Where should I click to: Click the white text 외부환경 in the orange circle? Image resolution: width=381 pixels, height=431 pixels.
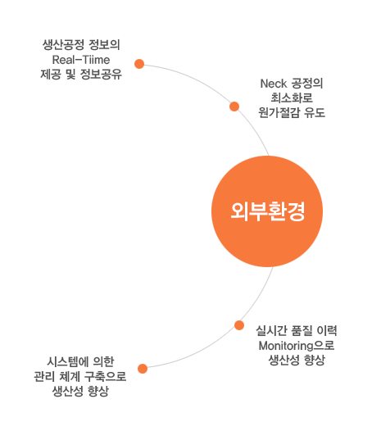tap(268, 211)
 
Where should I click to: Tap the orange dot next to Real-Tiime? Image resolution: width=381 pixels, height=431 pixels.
tap(139, 64)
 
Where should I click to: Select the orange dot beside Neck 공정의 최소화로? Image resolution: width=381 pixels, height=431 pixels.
tap(234, 107)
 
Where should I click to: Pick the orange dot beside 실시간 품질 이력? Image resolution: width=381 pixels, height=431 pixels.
tap(239, 325)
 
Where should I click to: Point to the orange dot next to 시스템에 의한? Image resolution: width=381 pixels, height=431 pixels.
tap(143, 369)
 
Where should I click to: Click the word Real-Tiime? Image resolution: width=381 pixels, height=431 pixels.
tap(81, 60)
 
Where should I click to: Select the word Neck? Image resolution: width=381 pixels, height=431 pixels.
tap(273, 84)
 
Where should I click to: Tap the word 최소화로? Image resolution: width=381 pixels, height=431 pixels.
tap(292, 98)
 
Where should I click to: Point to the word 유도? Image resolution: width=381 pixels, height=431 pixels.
tap(315, 112)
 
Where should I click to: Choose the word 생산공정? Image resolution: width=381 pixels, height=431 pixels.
tap(63, 45)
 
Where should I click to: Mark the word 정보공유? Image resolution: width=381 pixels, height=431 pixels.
tap(101, 75)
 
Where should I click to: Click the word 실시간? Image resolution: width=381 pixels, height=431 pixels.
tap(271, 331)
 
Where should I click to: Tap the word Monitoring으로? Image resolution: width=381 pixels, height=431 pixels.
tap(297, 346)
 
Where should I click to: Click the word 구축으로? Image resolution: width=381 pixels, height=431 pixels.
tap(105, 376)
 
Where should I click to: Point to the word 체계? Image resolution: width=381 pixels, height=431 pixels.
tap(70, 376)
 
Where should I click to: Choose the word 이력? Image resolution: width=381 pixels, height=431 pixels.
tap(327, 331)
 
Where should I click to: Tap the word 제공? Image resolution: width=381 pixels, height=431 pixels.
tap(51, 75)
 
